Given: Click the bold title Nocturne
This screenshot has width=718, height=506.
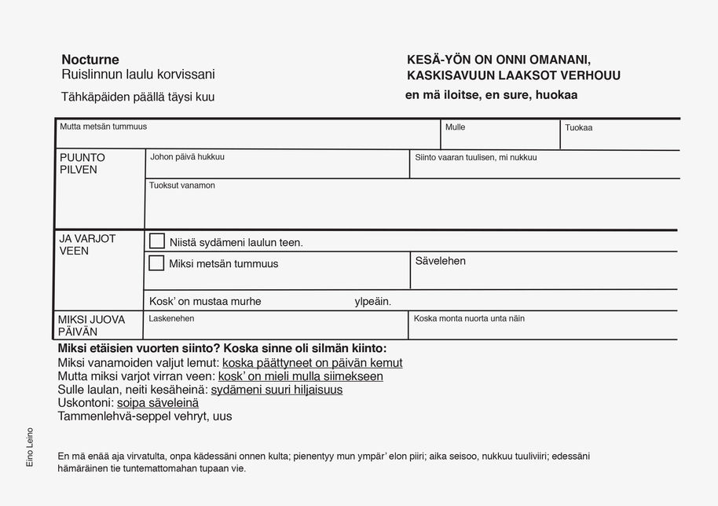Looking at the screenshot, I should coord(90,60).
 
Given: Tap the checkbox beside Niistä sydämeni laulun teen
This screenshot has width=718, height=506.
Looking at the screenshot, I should coord(157,241).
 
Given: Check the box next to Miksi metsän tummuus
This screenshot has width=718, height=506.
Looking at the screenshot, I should coord(156,263).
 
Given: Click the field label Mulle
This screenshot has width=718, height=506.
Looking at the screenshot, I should coord(455,127).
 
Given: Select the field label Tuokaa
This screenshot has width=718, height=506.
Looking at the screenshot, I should coord(578,127).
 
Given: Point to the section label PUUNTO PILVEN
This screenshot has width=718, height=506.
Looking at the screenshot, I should coord(82,163).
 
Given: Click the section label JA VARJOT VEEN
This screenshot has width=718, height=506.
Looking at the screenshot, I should coord(87,244).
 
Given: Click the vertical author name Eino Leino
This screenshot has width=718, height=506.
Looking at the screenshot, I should coord(30,447).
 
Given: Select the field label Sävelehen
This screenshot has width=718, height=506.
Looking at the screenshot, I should coord(440,261).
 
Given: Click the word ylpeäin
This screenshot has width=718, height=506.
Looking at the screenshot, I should coord(372,301).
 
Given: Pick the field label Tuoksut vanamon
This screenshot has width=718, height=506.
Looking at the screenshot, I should coord(181,185).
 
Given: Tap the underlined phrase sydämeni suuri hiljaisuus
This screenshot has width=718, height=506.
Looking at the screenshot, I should coord(277,390).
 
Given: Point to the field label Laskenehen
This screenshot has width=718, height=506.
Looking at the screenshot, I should coord(171,318).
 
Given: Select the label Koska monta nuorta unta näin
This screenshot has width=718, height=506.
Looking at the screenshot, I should coord(469,318).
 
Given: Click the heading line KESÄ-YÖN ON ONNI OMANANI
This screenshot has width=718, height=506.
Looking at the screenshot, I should coord(498,60).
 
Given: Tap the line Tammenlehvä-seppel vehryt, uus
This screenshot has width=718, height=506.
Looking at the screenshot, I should coord(145,416).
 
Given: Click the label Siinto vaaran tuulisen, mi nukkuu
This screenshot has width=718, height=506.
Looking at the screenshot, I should coord(475,157).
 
